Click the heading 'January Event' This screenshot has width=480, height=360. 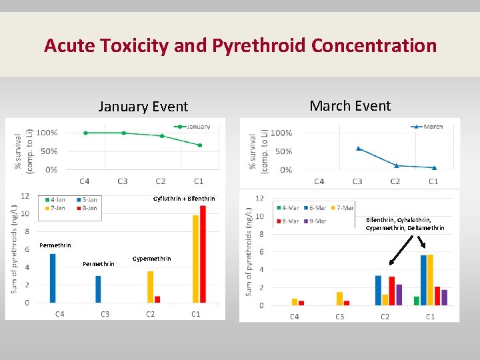pyautogui.click(x=143, y=107)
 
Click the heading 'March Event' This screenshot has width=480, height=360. pyautogui.click(x=350, y=106)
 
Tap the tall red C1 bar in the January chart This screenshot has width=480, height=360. pyautogui.click(x=203, y=254)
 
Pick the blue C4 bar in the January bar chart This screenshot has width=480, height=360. pyautogui.click(x=53, y=279)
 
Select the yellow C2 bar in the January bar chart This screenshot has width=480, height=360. pyautogui.click(x=151, y=287)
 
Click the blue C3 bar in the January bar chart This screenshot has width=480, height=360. pyautogui.click(x=98, y=289)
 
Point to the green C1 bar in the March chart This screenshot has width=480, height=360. pyautogui.click(x=417, y=301)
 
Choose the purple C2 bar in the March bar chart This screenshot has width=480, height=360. pyautogui.click(x=399, y=295)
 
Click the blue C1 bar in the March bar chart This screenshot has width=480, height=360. pyautogui.click(x=423, y=280)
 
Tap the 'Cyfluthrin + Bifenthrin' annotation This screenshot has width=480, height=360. pyautogui.click(x=184, y=199)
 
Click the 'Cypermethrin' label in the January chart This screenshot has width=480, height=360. pyautogui.click(x=152, y=259)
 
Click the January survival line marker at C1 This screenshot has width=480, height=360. pyautogui.click(x=200, y=145)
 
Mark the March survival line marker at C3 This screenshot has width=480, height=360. pyautogui.click(x=358, y=148)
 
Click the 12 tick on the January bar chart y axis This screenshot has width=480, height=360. pyautogui.click(x=25, y=196)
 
